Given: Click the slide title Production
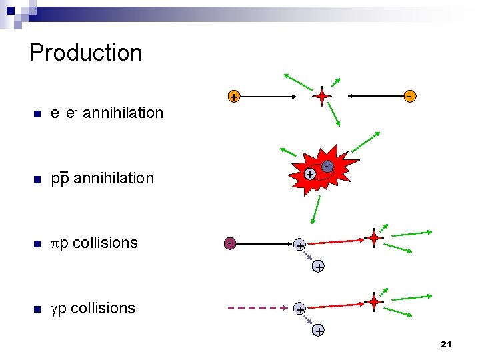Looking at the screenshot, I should (85, 53).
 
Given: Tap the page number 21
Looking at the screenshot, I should (446, 344).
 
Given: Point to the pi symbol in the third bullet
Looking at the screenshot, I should (55, 243).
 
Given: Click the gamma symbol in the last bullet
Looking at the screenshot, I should (55, 309).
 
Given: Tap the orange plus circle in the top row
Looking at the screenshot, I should (233, 97).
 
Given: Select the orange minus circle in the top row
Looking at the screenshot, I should (411, 97).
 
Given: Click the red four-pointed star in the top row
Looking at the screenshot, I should (322, 97).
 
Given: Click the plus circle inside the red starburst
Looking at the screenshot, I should (309, 174).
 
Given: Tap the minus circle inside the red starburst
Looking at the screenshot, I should (327, 165).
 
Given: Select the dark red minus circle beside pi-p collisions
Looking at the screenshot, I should (229, 243).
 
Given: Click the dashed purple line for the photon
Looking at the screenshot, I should (256, 309).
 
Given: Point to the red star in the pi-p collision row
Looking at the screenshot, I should (374, 237).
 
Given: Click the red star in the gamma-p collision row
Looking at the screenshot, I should (374, 302).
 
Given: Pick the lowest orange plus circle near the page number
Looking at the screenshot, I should (319, 331).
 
